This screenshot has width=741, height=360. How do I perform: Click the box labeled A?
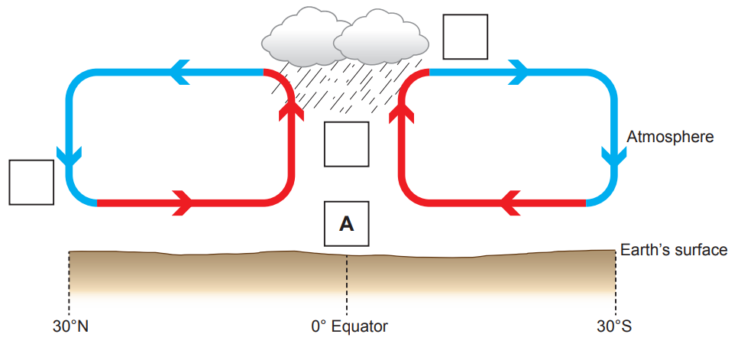tap(347, 223)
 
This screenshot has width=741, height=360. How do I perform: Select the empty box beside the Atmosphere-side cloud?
tap(465, 36)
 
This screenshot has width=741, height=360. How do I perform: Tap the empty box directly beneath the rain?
tap(347, 144)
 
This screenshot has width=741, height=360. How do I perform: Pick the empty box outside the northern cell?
tap(31, 183)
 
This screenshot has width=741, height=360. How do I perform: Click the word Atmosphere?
tap(670, 137)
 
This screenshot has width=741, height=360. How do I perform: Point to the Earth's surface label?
tap(673, 250)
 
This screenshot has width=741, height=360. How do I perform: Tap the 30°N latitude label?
tap(70, 327)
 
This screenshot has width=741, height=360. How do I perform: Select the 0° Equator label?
tap(349, 327)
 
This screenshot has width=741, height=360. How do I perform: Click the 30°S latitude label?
tap(615, 327)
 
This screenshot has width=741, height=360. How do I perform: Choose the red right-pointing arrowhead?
tap(182, 203)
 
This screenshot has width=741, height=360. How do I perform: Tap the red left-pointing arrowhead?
tap(511, 203)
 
